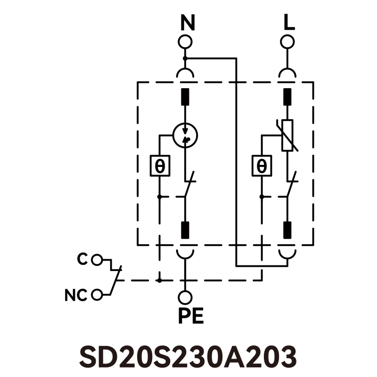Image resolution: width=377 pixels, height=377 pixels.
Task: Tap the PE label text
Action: tap(190, 316)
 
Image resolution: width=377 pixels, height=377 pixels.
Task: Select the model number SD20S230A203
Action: tap(188, 357)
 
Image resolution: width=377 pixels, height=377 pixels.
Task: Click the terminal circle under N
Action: tap(185, 41)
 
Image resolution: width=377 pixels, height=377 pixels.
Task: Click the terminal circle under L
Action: tap(287, 41)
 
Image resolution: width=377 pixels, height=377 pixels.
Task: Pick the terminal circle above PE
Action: tap(185, 297)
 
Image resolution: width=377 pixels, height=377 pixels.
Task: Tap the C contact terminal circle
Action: tap(97, 259)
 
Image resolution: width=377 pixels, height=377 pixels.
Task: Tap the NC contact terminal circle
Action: tap(97, 295)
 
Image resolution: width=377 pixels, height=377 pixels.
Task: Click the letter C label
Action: tap(82, 259)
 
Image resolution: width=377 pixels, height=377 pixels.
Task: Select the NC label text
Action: tap(76, 296)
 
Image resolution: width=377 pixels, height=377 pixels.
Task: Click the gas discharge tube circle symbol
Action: tap(185, 135)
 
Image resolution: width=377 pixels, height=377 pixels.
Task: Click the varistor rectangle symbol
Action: tap(287, 135)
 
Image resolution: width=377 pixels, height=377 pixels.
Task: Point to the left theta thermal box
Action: tap(160, 166)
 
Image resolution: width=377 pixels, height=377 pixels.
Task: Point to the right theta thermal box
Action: tap(262, 166)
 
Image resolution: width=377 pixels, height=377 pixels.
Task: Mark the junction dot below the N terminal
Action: tap(185, 58)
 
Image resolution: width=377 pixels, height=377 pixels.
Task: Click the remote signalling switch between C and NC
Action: tap(116, 278)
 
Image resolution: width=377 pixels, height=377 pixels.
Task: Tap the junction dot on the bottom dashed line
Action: tap(160, 280)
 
